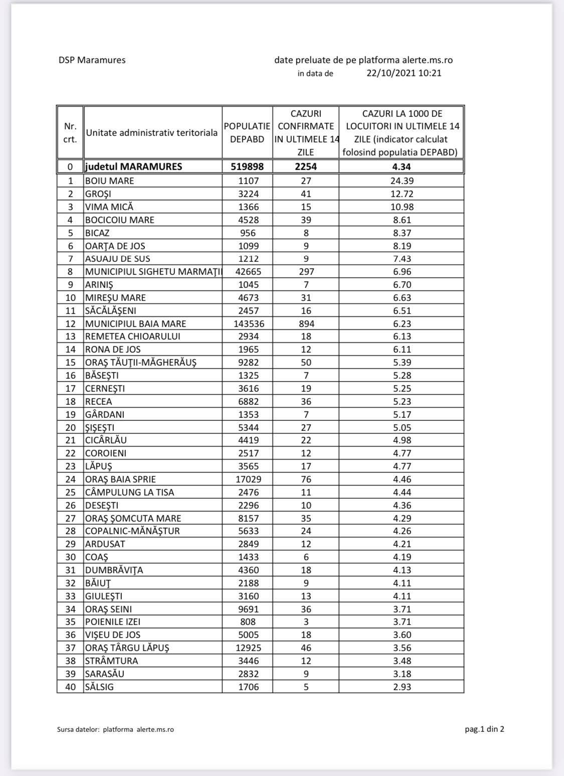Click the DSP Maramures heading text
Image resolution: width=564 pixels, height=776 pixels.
click(92, 60)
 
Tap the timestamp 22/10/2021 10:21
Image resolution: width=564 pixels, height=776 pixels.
click(404, 73)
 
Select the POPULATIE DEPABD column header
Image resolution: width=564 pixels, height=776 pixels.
click(247, 133)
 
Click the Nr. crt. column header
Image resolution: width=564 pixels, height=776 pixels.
click(70, 133)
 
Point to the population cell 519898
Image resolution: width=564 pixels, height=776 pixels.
click(247, 167)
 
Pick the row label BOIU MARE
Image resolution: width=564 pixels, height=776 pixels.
click(110, 181)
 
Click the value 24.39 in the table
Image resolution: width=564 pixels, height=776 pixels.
click(402, 181)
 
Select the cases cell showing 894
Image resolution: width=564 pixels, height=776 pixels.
click(306, 324)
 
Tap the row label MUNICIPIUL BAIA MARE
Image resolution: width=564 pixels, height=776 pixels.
click(135, 324)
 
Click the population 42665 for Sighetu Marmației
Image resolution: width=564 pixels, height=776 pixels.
click(247, 271)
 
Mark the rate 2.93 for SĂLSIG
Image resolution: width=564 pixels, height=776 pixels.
click(402, 687)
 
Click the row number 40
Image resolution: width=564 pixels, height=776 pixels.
click(70, 687)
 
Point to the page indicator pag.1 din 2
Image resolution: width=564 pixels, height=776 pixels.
click(484, 729)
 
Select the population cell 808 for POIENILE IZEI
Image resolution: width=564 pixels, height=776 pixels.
click(247, 622)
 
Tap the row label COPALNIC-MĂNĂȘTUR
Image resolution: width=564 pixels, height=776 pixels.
click(132, 531)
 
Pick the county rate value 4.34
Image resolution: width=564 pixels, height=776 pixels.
click(402, 167)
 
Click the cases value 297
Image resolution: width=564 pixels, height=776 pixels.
click(306, 271)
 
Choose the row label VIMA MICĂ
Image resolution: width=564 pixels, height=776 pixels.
click(109, 207)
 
